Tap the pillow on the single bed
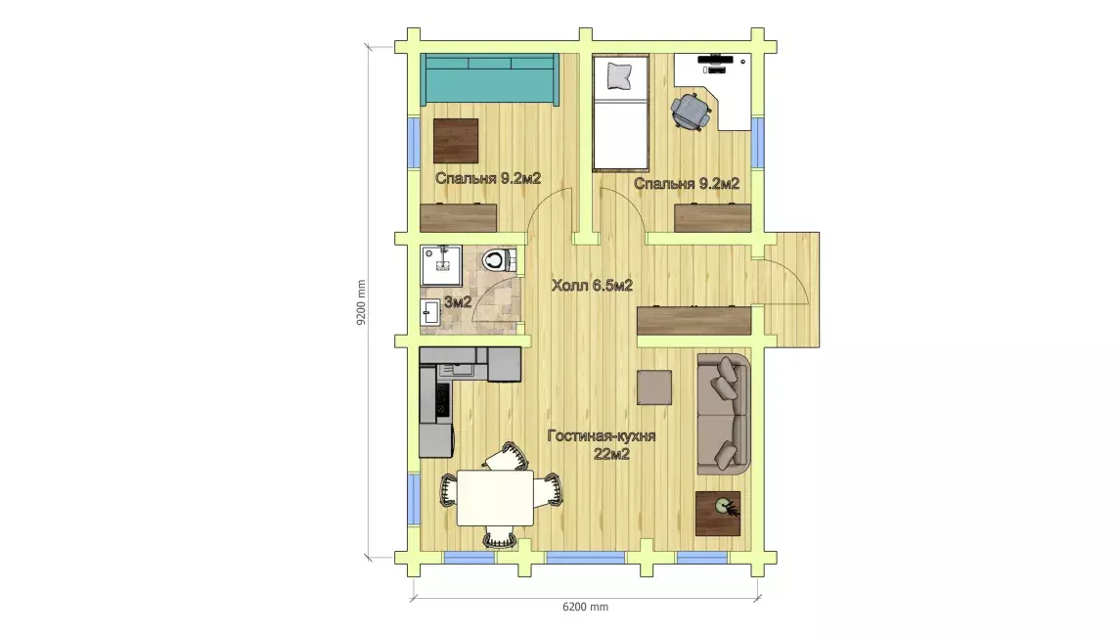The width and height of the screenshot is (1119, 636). pos(620,75)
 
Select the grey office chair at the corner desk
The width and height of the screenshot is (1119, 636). pos(691,111)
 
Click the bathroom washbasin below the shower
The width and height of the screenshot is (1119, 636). pos(431,312)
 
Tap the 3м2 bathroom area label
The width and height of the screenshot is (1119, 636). pos(458,302)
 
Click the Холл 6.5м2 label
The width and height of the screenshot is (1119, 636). pos(592,286)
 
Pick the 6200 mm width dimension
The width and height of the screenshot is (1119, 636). pos(585,607)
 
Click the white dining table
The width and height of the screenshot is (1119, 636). pos(496,498)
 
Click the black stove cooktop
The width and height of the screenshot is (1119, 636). pos(441,398)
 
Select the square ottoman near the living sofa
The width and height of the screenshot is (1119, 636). pos(654,386)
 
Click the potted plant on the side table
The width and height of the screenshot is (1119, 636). pos(725,507)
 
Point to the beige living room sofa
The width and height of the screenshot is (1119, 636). pos(724,414)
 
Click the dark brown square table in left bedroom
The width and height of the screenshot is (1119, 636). pos(456,140)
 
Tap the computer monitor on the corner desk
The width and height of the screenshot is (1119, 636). pos(714,59)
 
